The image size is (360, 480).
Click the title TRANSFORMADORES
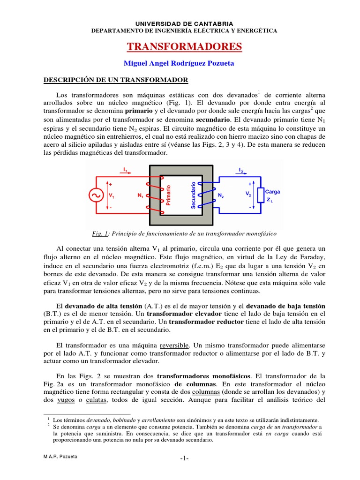[185, 46]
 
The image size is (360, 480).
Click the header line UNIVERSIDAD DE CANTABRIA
[184, 23]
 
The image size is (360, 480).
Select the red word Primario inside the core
[169, 195]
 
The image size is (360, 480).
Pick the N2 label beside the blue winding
[221, 196]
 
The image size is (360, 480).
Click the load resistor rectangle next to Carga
[260, 195]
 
